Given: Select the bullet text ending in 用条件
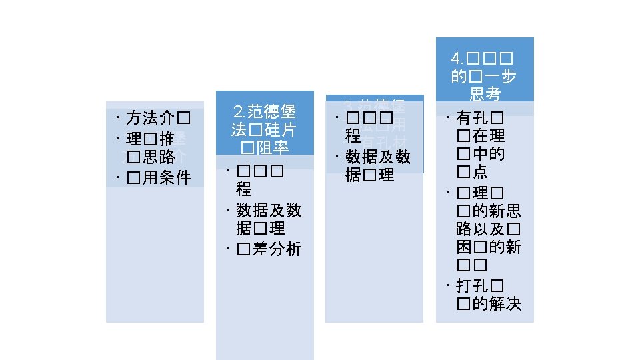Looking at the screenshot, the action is point(166,177).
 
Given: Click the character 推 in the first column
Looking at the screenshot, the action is point(167,139).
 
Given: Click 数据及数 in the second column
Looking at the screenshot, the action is point(269,210).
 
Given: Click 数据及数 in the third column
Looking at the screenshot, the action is point(378,157).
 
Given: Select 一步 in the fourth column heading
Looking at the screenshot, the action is point(502,77).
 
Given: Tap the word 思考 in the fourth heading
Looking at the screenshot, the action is point(485,94).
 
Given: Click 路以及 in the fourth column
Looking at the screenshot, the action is point(481,230).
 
